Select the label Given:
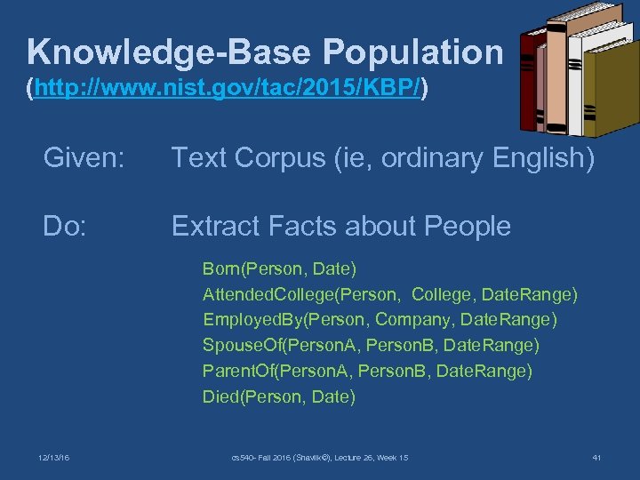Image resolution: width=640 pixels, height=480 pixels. [84, 158]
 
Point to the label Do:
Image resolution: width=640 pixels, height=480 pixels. [65, 227]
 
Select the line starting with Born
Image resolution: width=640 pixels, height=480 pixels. [279, 268]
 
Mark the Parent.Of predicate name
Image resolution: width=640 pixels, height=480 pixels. [236, 371]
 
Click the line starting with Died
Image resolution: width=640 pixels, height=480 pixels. [278, 396]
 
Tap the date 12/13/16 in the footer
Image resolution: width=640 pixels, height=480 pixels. [55, 457]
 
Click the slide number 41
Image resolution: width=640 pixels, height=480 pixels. [596, 457]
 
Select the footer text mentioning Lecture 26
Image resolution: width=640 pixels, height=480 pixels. [319, 457]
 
